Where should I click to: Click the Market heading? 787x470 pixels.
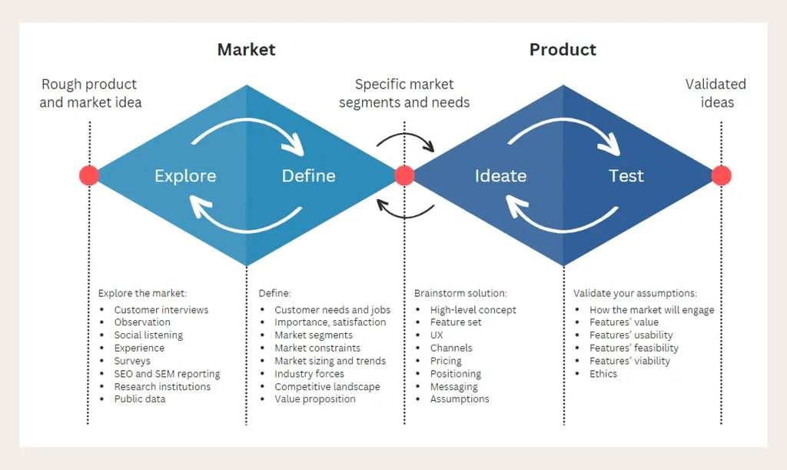click(x=246, y=50)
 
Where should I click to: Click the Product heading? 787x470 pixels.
click(x=563, y=50)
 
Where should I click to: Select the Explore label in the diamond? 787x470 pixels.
click(x=185, y=176)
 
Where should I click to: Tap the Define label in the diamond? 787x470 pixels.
click(x=308, y=176)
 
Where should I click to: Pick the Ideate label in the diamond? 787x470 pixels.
click(x=500, y=176)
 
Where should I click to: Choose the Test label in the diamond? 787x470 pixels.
click(x=626, y=176)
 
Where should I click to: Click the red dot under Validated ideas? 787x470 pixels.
click(x=721, y=175)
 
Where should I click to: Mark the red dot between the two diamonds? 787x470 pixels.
click(x=404, y=175)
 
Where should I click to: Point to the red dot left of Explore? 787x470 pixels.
click(x=89, y=175)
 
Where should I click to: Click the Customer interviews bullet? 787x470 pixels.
click(x=161, y=310)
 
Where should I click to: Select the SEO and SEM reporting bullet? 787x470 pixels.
click(x=167, y=374)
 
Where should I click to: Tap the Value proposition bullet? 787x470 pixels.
click(x=314, y=399)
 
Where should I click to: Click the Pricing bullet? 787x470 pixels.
click(x=446, y=361)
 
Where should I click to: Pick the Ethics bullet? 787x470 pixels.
click(x=603, y=374)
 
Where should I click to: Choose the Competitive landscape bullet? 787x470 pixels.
click(x=327, y=387)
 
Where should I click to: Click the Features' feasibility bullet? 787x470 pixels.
click(x=633, y=348)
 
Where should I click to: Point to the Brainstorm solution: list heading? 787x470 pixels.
click(x=460, y=293)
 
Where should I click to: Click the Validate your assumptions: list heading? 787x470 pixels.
click(x=635, y=293)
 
